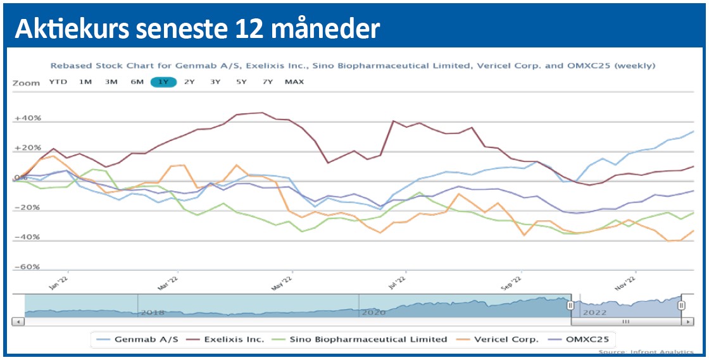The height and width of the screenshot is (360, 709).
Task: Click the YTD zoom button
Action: (58, 82)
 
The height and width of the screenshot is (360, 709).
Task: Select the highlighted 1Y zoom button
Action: (163, 82)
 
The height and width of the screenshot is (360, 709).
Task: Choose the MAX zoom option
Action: (294, 82)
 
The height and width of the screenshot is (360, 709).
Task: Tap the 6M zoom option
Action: (137, 82)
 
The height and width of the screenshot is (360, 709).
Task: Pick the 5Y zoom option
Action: (241, 82)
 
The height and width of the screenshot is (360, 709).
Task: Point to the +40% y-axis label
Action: (28, 118)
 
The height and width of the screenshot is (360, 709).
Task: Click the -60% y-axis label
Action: (28, 267)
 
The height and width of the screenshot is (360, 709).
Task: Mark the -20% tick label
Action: (28, 208)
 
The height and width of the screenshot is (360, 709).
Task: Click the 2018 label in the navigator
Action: (153, 313)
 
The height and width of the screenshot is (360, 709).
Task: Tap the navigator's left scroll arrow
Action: (18, 322)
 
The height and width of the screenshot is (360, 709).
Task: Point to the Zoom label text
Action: (26, 82)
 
